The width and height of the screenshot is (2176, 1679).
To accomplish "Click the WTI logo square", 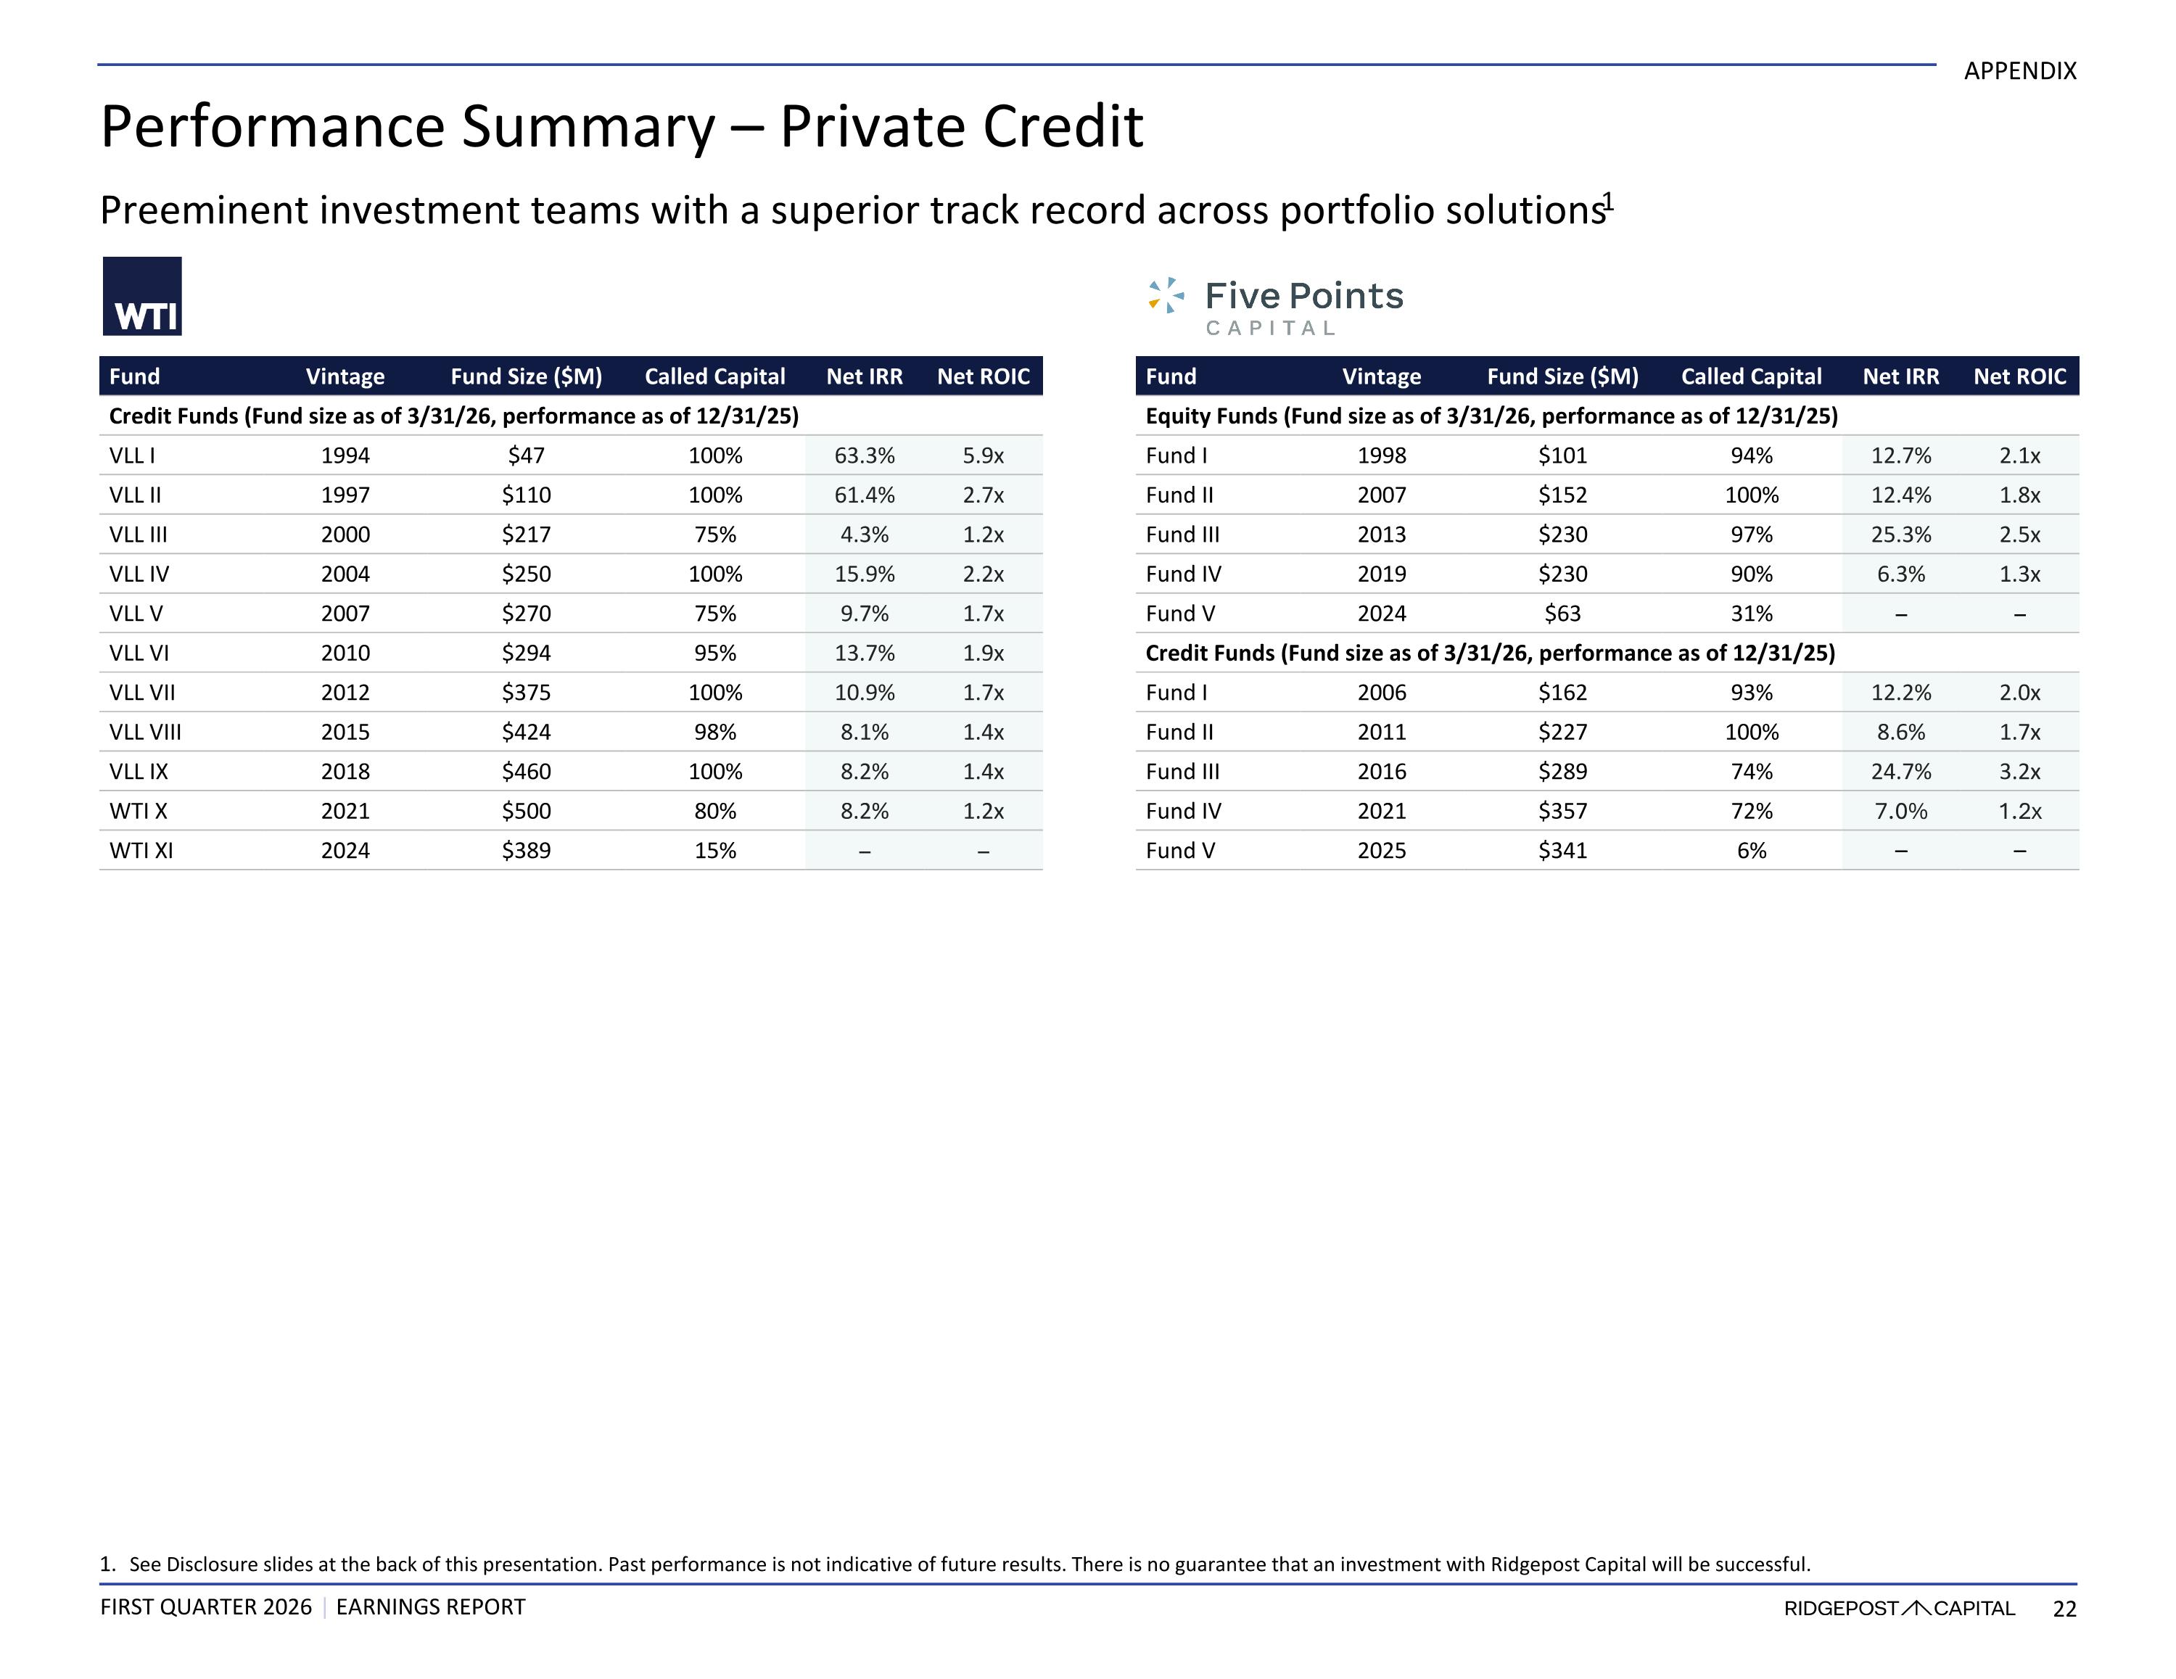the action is pyautogui.click(x=142, y=296).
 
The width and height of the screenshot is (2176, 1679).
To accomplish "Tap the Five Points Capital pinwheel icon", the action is pyautogui.click(x=1166, y=295).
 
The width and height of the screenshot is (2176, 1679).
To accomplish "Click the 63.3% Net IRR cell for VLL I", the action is pyautogui.click(x=864, y=455).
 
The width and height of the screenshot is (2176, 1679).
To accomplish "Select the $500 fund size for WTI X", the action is pyautogui.click(x=526, y=811).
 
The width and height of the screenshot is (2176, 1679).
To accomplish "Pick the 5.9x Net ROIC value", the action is pyautogui.click(x=984, y=455).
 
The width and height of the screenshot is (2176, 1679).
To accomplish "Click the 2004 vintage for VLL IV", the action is pyautogui.click(x=346, y=574).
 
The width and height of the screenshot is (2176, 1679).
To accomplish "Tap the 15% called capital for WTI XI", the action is pyautogui.click(x=715, y=851).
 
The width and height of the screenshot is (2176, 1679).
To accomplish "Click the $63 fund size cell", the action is pyautogui.click(x=1562, y=614).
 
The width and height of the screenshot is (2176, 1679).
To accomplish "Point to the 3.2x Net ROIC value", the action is pyautogui.click(x=2019, y=771).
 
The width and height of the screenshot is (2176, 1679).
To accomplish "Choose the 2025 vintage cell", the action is pyautogui.click(x=1382, y=851).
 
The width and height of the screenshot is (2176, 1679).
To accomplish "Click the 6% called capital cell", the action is pyautogui.click(x=1752, y=851).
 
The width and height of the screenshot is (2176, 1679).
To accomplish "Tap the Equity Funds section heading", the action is pyautogui.click(x=1491, y=416).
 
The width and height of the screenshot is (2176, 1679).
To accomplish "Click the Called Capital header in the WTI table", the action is pyautogui.click(x=715, y=376).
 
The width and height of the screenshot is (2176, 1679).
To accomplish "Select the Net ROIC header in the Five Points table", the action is pyautogui.click(x=2019, y=376).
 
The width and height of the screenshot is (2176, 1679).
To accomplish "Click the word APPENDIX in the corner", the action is pyautogui.click(x=2021, y=71).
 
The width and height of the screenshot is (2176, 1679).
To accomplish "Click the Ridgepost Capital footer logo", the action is pyautogui.click(x=1899, y=1608).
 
